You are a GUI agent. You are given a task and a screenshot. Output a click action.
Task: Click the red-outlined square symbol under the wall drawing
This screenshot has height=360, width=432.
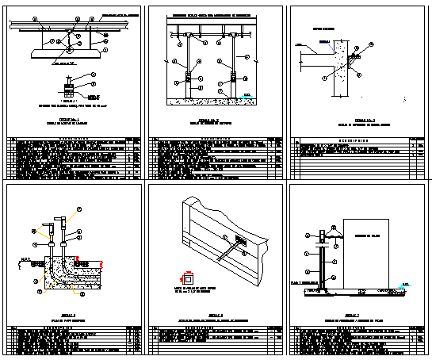[x=188, y=278]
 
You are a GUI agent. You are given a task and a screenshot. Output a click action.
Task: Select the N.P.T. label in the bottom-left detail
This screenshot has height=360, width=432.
[x=25, y=256]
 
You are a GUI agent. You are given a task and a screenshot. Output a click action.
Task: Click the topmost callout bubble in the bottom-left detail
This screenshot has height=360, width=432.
[x=78, y=209]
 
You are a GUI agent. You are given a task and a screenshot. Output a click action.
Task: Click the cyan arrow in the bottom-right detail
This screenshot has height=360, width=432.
[x=405, y=284]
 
